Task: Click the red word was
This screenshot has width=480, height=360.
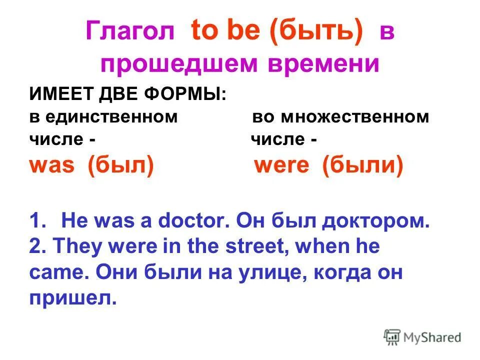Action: point(51,166)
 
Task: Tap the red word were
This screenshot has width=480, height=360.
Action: point(282,166)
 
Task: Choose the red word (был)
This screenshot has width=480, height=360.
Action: point(120,166)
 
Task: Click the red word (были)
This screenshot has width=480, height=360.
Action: point(362,166)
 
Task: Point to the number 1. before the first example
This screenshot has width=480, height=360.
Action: point(38,221)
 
